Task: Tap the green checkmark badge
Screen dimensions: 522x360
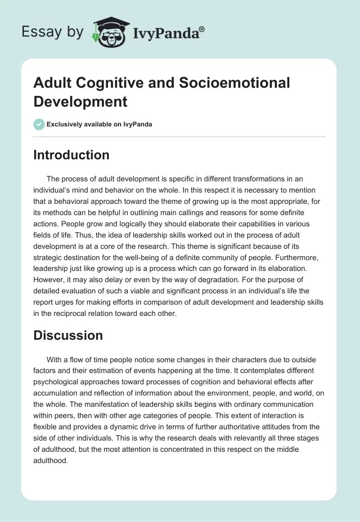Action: [39, 124]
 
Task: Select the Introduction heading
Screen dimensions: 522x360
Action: [72, 155]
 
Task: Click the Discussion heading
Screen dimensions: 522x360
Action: [68, 335]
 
